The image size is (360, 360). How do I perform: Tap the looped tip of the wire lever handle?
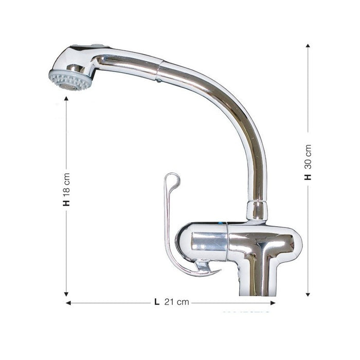[173, 179]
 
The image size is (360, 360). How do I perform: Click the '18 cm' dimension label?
[66, 182]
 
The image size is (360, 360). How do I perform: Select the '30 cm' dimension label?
[308, 155]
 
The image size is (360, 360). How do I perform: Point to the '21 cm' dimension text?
[176, 302]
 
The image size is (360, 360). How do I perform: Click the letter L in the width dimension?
[156, 302]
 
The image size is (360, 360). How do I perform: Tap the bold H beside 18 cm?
[66, 202]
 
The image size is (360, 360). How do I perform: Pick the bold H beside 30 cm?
[308, 176]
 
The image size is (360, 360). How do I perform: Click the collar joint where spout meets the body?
[257, 210]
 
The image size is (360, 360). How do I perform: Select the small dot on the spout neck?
[159, 80]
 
